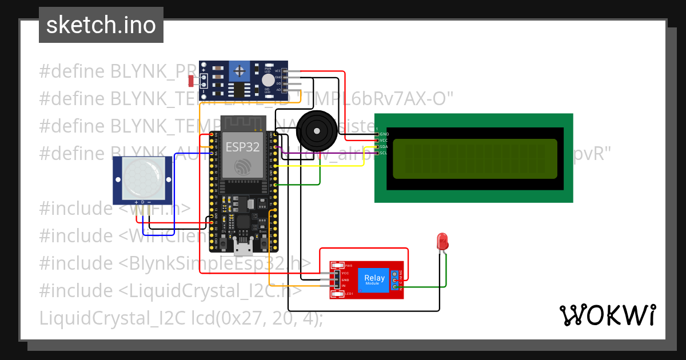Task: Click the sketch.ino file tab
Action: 101,25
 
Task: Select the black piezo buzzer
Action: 315,129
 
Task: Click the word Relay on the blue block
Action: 374,278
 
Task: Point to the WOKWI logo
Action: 607,315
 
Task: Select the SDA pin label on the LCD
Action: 384,146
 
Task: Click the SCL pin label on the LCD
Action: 384,153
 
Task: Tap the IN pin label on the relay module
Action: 344,285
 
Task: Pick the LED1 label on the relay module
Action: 349,294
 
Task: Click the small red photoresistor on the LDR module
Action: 191,78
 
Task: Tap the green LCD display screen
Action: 474,158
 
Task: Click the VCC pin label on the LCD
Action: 384,140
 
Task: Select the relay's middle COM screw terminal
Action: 395,280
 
